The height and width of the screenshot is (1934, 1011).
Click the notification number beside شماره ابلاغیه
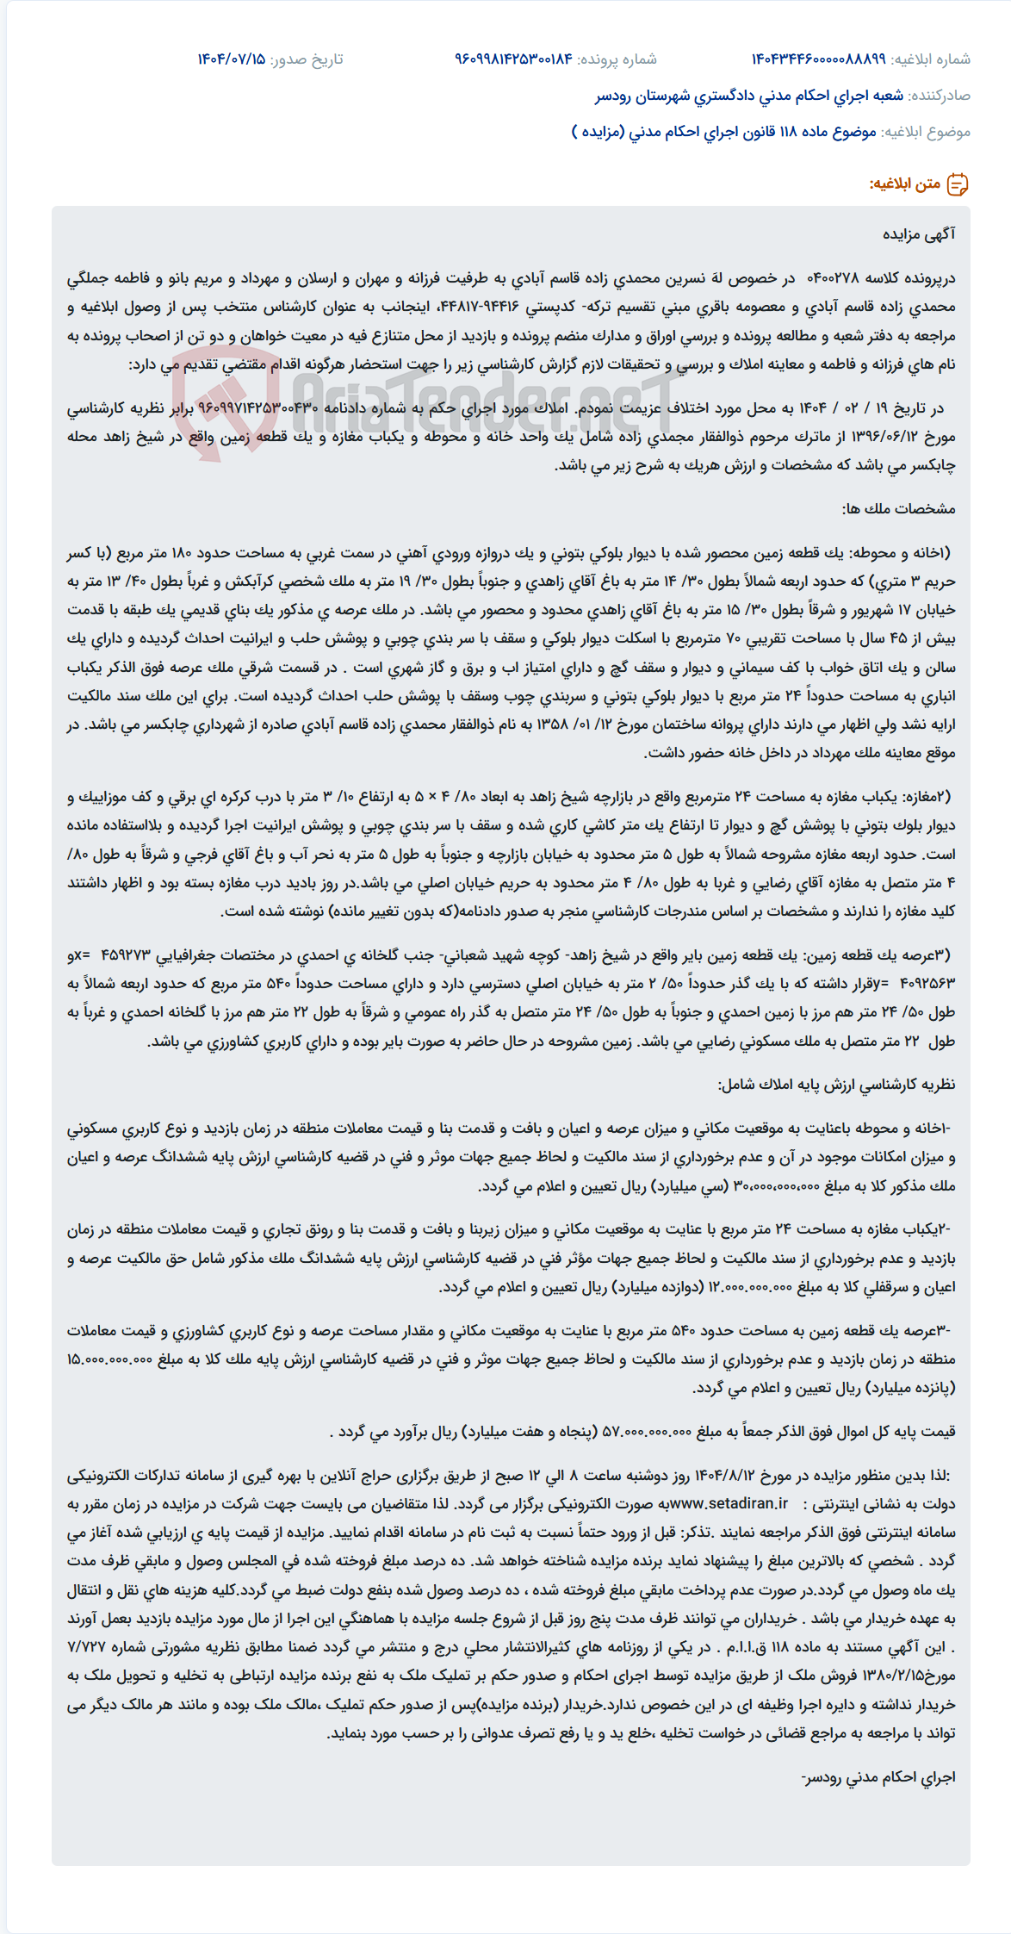click(x=818, y=59)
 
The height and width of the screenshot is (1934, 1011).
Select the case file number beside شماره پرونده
click(x=513, y=59)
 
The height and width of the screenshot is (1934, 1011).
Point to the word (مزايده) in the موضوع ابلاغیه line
click(x=596, y=132)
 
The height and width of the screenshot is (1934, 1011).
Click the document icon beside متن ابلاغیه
click(x=958, y=183)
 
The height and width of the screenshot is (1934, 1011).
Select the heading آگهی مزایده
click(x=919, y=234)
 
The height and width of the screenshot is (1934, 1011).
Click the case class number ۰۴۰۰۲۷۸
click(x=833, y=278)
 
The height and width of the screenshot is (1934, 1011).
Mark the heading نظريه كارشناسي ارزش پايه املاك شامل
click(x=836, y=1085)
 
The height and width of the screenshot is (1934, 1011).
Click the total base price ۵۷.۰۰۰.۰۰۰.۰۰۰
click(x=646, y=1432)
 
